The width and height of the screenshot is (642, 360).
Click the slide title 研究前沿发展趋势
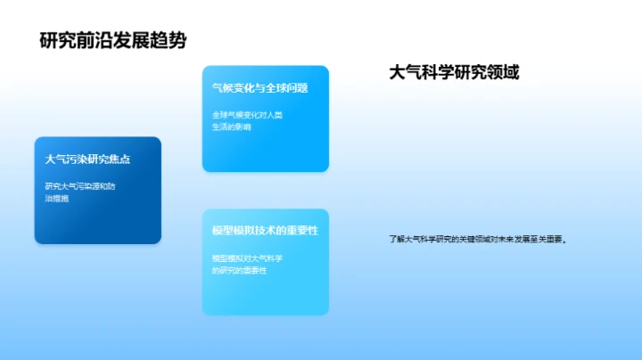[x=113, y=40]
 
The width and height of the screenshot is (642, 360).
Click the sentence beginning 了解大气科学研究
[x=478, y=239]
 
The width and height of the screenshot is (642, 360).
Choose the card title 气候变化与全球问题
[x=259, y=88]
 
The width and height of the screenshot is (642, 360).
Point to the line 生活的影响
[x=232, y=127]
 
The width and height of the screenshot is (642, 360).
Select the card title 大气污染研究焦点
[x=88, y=160]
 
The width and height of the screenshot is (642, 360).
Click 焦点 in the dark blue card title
[x=120, y=160]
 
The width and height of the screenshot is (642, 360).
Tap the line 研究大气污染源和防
[x=80, y=185]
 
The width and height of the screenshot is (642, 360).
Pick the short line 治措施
[x=57, y=198]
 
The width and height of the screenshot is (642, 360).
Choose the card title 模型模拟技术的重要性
[x=265, y=231]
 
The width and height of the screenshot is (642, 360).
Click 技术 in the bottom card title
[x=268, y=231]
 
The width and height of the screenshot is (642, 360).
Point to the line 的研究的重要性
[x=238, y=269]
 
